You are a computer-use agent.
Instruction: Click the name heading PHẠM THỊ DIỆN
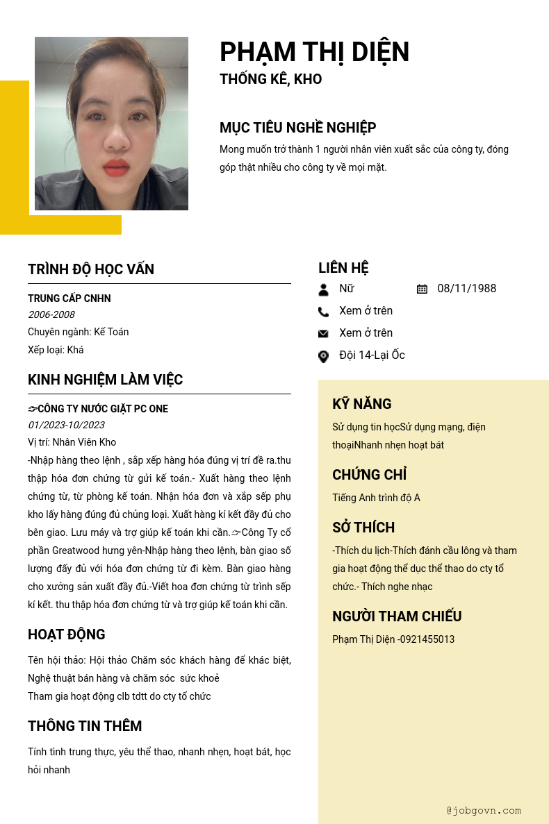pyautogui.click(x=314, y=52)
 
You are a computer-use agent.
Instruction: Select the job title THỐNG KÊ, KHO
pyautogui.click(x=270, y=79)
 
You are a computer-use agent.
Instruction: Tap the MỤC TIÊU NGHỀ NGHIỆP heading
pyautogui.click(x=297, y=128)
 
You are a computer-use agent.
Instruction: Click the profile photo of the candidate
pyautogui.click(x=111, y=124)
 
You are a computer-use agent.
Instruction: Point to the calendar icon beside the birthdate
pyautogui.click(x=422, y=289)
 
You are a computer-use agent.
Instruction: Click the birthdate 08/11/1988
pyautogui.click(x=466, y=289)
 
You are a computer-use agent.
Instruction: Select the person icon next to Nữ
pyautogui.click(x=323, y=289)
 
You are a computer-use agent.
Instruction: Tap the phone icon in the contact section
pyautogui.click(x=323, y=312)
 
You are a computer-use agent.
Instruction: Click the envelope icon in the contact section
pyautogui.click(x=323, y=334)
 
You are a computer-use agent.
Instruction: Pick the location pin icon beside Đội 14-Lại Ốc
pyautogui.click(x=323, y=356)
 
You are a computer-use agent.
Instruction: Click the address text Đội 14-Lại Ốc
pyautogui.click(x=372, y=355)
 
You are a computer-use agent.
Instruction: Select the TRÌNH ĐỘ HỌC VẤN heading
pyautogui.click(x=91, y=269)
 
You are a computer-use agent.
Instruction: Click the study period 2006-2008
pyautogui.click(x=51, y=314)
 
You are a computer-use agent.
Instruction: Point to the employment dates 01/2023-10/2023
pyautogui.click(x=66, y=425)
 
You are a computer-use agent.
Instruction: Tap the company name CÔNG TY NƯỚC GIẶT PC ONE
pyautogui.click(x=102, y=409)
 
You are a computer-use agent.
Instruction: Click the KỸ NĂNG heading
pyautogui.click(x=361, y=404)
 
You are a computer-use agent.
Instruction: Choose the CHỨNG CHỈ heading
pyautogui.click(x=369, y=475)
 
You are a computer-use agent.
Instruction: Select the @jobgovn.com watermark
pyautogui.click(x=484, y=810)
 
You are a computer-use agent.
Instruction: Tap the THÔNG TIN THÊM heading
pyautogui.click(x=85, y=726)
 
